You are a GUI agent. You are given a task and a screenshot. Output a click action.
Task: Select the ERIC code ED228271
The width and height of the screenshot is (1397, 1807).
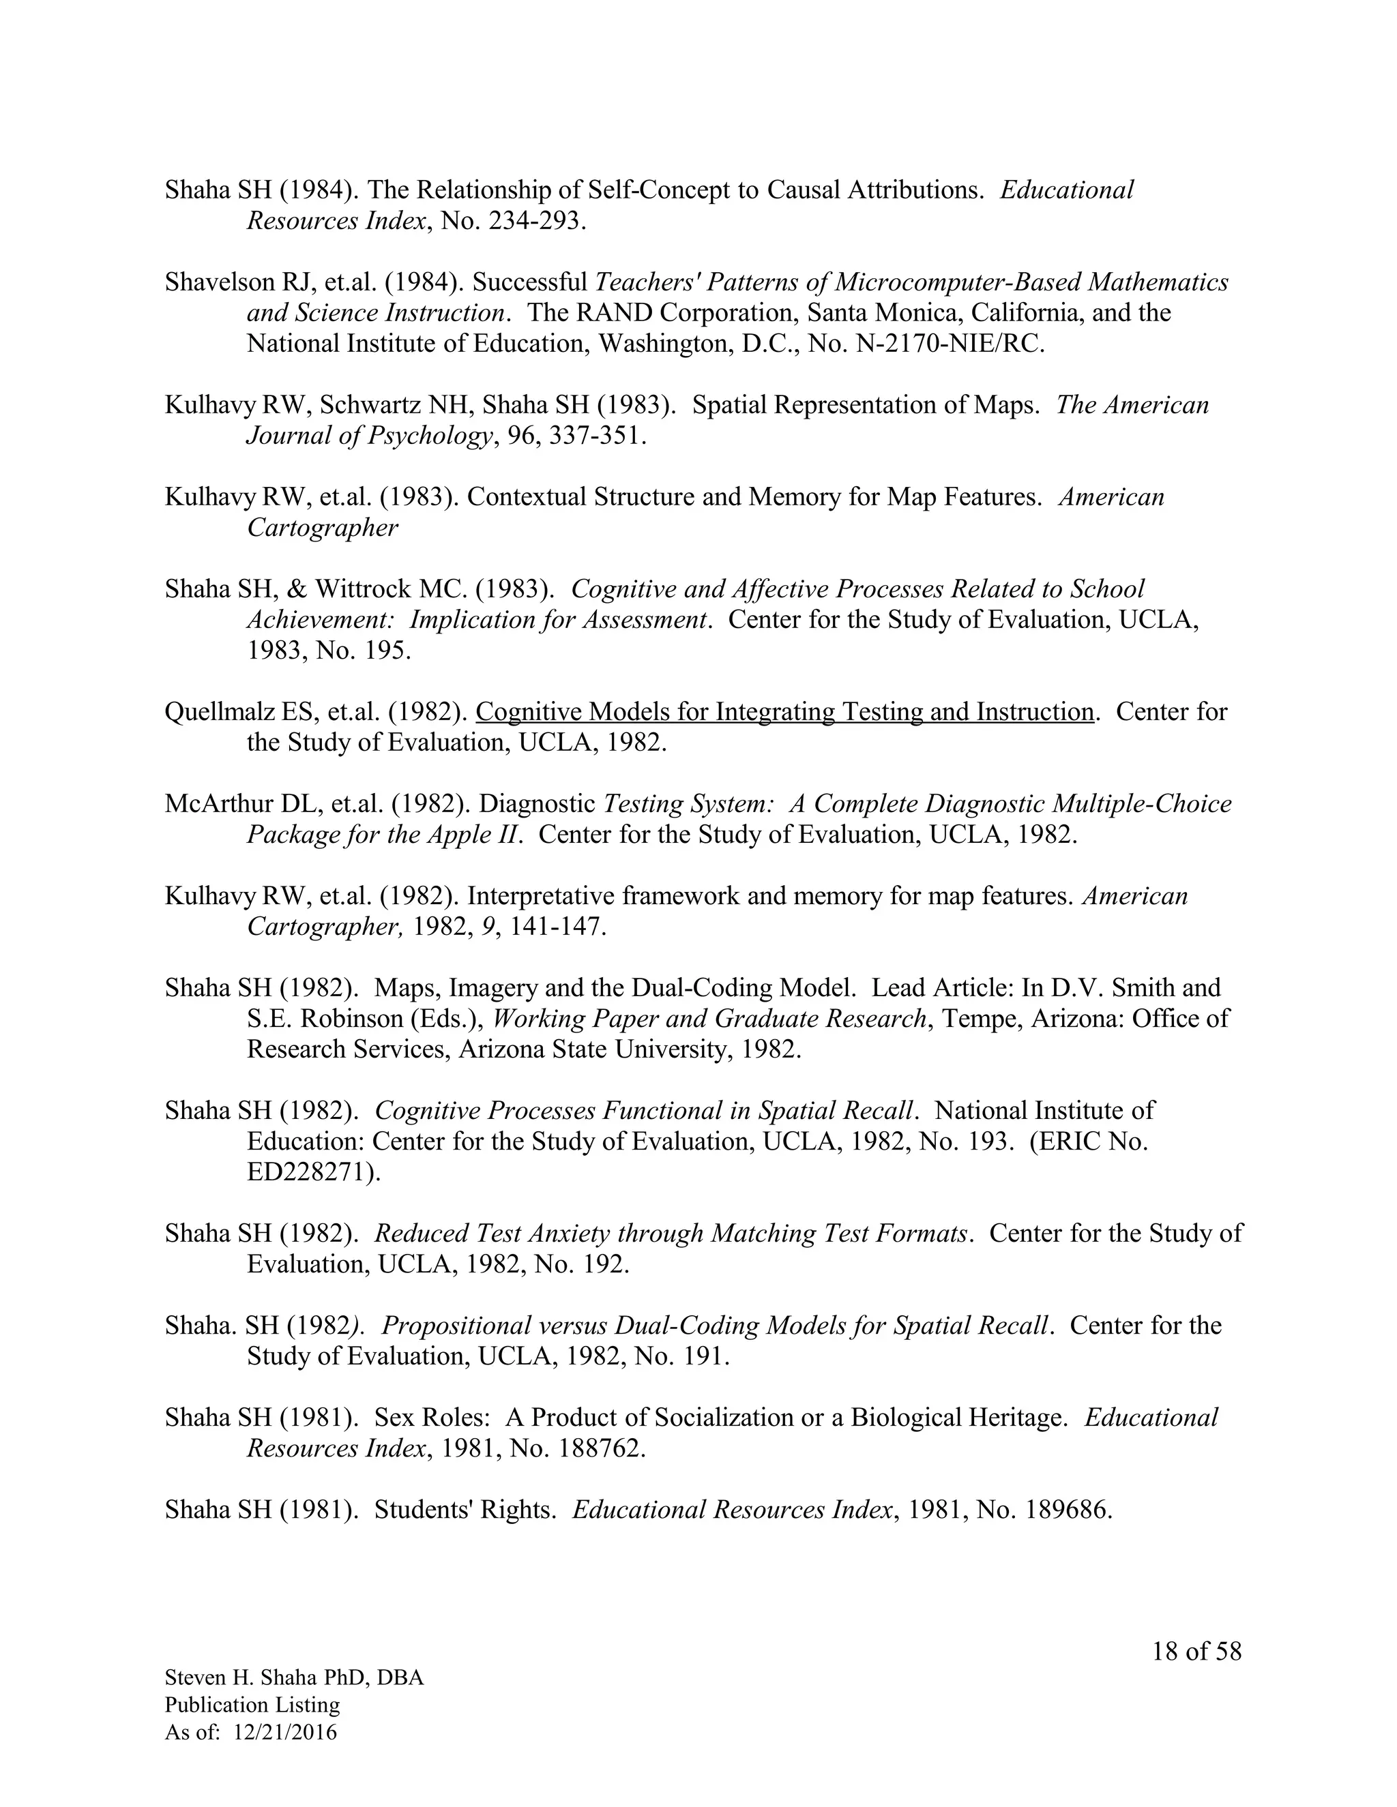pyautogui.click(x=311, y=1172)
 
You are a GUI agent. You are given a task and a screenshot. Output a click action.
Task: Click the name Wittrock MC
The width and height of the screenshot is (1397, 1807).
pyautogui.click(x=392, y=589)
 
